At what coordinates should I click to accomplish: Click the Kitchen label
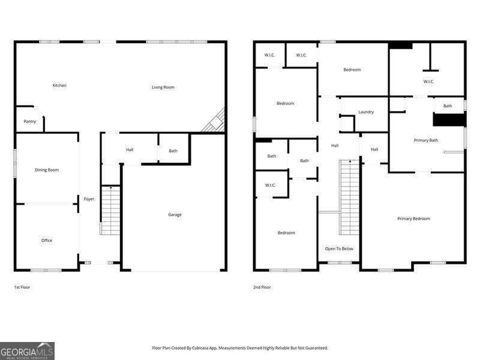(59, 85)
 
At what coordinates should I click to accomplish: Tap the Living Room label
(163, 87)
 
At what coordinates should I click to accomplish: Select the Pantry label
(30, 121)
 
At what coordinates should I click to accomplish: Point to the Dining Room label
(47, 170)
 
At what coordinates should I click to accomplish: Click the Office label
(47, 240)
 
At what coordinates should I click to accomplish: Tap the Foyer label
(89, 199)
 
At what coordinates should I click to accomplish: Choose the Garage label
(175, 214)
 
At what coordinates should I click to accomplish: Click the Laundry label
(366, 112)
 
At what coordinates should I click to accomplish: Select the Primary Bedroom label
(413, 218)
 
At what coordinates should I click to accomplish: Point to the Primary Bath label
(426, 140)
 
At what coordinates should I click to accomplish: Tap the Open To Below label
(339, 248)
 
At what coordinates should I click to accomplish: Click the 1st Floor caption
(22, 287)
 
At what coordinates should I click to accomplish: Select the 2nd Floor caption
(262, 287)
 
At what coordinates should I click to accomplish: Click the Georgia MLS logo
(28, 350)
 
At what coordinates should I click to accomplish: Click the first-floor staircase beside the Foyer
(110, 210)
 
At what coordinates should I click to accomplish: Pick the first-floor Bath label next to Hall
(173, 151)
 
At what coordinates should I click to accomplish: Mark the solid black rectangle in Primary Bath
(449, 120)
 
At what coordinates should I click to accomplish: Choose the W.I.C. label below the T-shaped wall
(428, 82)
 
